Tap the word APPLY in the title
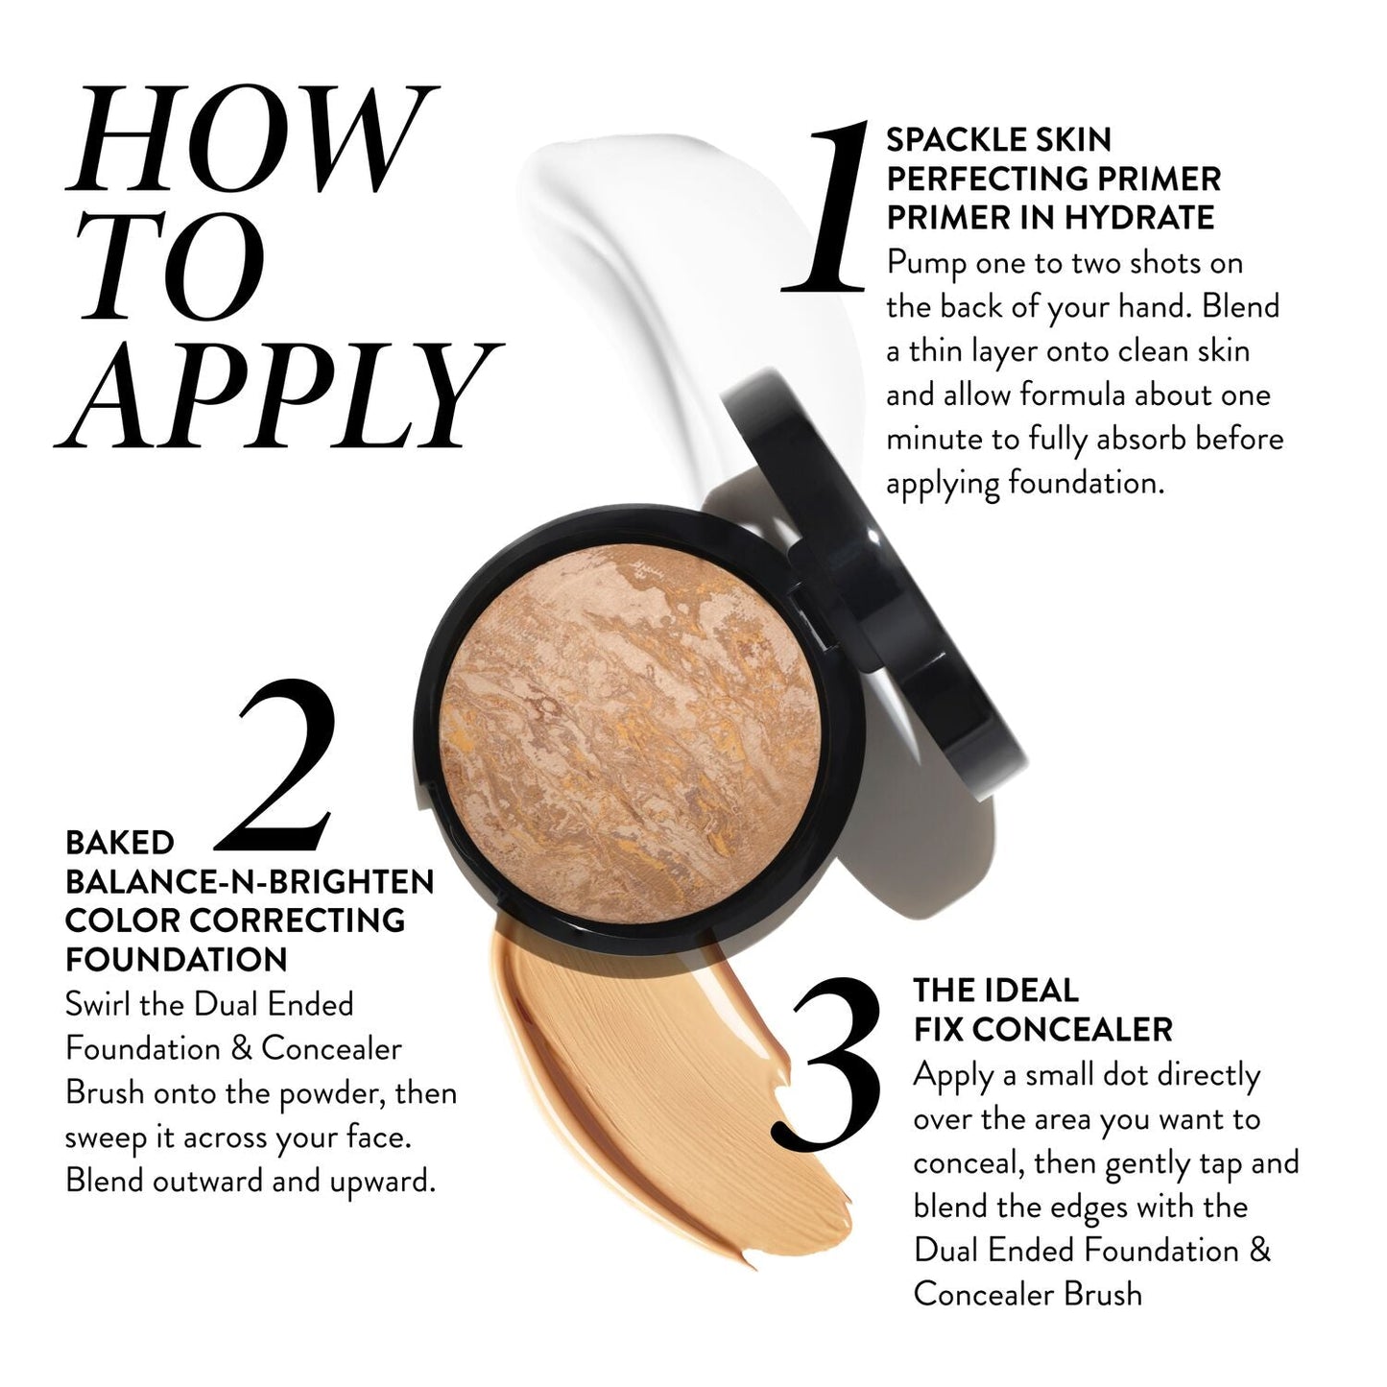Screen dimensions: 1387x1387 click(x=278, y=396)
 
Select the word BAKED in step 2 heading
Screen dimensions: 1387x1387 click(x=120, y=843)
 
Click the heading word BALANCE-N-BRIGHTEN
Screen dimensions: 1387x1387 click(x=250, y=881)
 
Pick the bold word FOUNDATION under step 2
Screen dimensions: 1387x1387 click(x=177, y=959)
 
